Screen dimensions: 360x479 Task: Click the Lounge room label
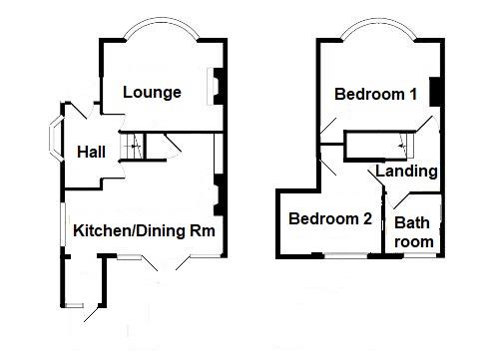152,93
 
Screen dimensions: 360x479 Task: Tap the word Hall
92,152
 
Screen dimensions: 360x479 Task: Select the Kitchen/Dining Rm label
145,230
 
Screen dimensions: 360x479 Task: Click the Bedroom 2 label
330,219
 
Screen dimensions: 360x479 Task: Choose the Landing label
406,171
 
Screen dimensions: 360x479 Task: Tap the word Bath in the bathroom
413,222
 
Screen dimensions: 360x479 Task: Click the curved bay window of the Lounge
162,30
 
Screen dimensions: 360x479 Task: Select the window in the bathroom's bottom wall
414,255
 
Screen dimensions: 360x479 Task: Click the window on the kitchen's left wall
62,225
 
